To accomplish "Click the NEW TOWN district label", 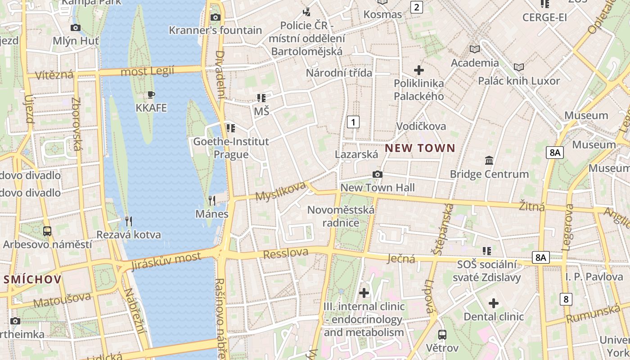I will (x=420, y=148).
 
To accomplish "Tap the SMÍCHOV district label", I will (x=32, y=279).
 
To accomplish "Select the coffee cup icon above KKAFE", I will (x=151, y=94).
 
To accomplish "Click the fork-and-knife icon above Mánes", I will (x=212, y=200).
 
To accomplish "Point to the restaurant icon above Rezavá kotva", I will (x=129, y=221).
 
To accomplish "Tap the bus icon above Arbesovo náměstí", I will (x=47, y=231).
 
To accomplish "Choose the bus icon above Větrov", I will (x=442, y=334).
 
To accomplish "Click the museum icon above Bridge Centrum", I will (x=489, y=160).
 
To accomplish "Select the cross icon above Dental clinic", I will (x=494, y=303).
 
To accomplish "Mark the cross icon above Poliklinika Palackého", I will (x=419, y=70).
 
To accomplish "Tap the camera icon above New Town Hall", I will (x=378, y=174).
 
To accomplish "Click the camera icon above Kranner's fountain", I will (x=216, y=17).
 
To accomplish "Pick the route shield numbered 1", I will (x=354, y=121).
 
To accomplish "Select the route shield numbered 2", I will (x=417, y=7).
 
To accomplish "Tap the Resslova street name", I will (x=285, y=253).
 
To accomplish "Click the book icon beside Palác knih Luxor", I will (x=519, y=67).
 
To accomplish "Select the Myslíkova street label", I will (x=280, y=192).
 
